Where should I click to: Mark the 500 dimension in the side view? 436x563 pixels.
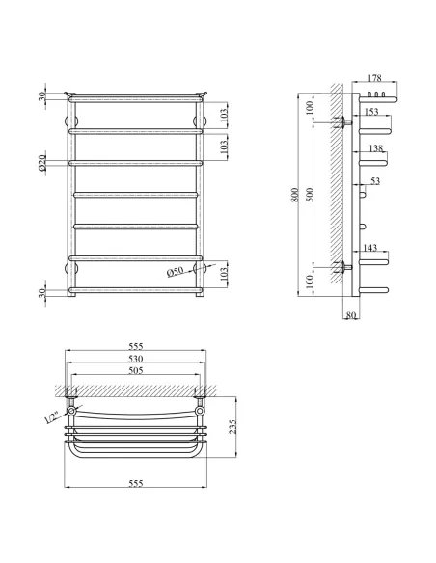[x=311, y=194]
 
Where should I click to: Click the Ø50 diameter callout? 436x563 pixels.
[x=176, y=273]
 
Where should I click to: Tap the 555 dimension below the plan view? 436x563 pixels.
[x=136, y=482]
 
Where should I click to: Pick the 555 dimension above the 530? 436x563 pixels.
[x=136, y=346]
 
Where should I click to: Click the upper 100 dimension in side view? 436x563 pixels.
[x=311, y=109]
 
